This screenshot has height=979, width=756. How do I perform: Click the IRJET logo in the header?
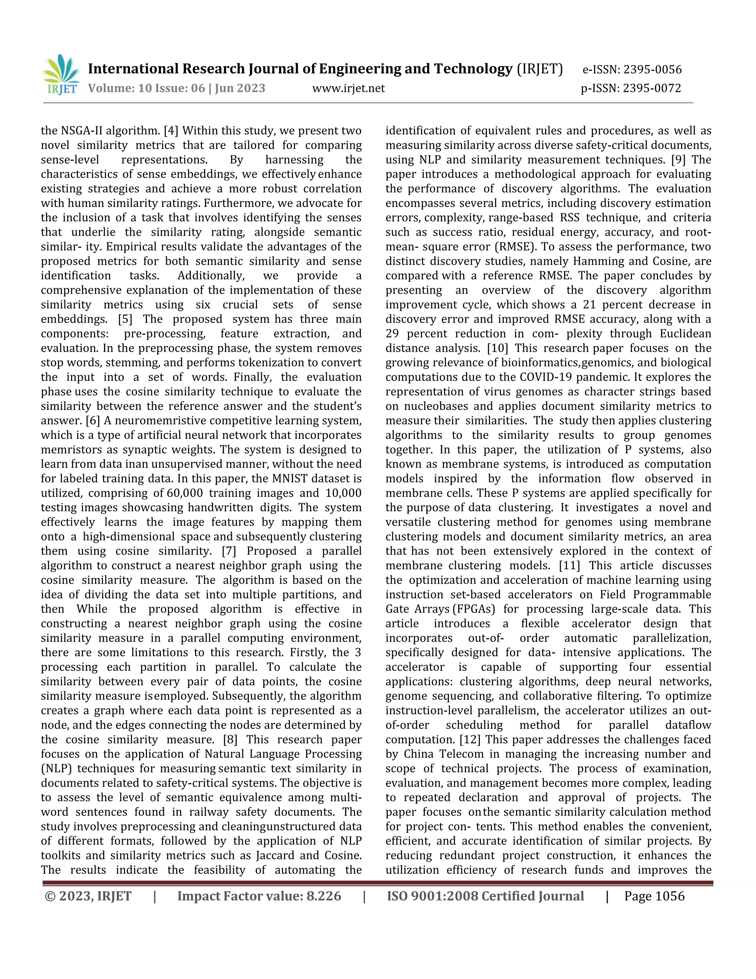pos(61,74)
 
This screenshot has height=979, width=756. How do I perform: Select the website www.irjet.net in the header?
pos(348,88)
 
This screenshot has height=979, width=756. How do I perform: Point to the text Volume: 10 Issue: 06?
pos(146,88)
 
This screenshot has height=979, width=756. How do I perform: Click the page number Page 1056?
pos(654,896)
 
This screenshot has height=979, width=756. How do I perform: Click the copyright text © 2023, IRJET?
pos(88,896)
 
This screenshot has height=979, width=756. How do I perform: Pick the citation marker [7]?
pos(231,551)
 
